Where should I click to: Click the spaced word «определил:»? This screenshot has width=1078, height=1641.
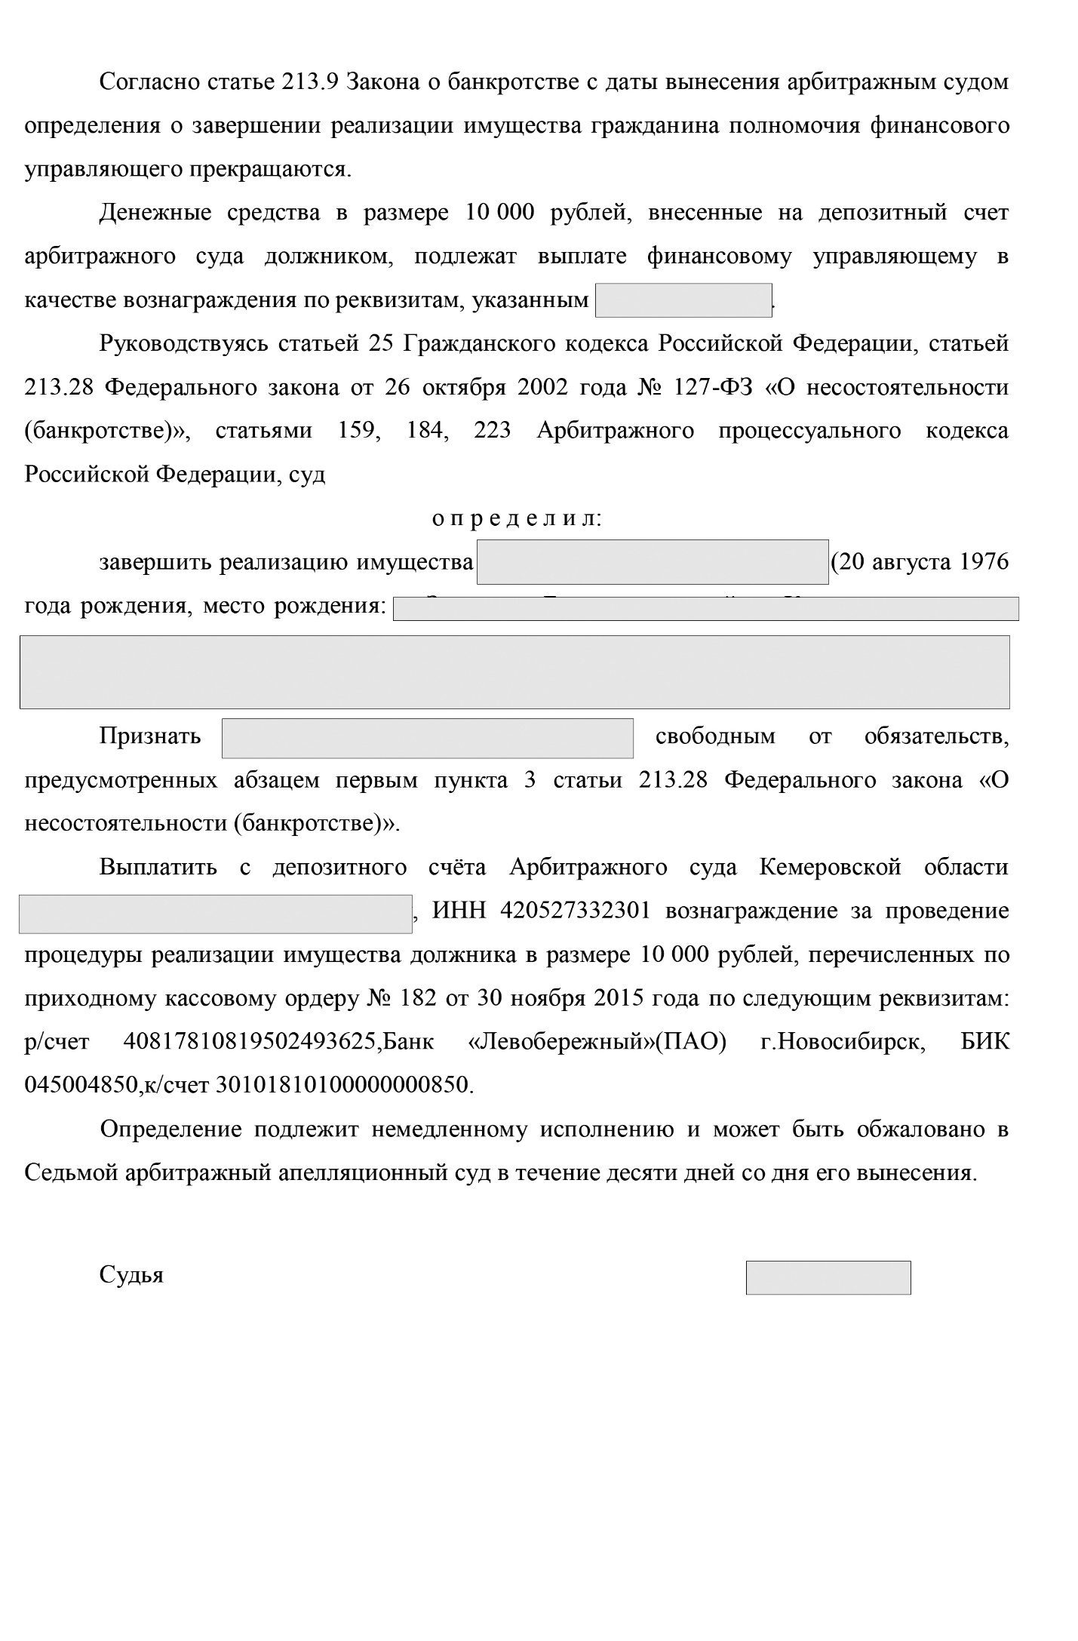(x=517, y=519)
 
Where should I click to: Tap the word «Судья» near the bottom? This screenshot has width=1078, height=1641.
(x=131, y=1275)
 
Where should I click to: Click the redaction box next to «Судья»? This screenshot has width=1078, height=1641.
(x=828, y=1277)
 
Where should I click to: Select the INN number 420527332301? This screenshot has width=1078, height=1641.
(x=574, y=911)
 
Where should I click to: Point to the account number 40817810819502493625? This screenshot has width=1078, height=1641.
(x=249, y=1042)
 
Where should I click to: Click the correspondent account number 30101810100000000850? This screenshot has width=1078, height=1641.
(x=342, y=1086)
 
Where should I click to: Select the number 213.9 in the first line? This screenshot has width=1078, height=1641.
(x=310, y=81)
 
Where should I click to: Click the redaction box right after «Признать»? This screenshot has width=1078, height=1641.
(x=427, y=738)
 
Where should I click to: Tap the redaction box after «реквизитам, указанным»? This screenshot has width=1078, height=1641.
(x=683, y=300)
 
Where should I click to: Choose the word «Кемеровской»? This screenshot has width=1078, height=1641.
(x=830, y=867)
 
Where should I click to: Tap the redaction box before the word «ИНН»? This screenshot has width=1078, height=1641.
(x=215, y=914)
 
